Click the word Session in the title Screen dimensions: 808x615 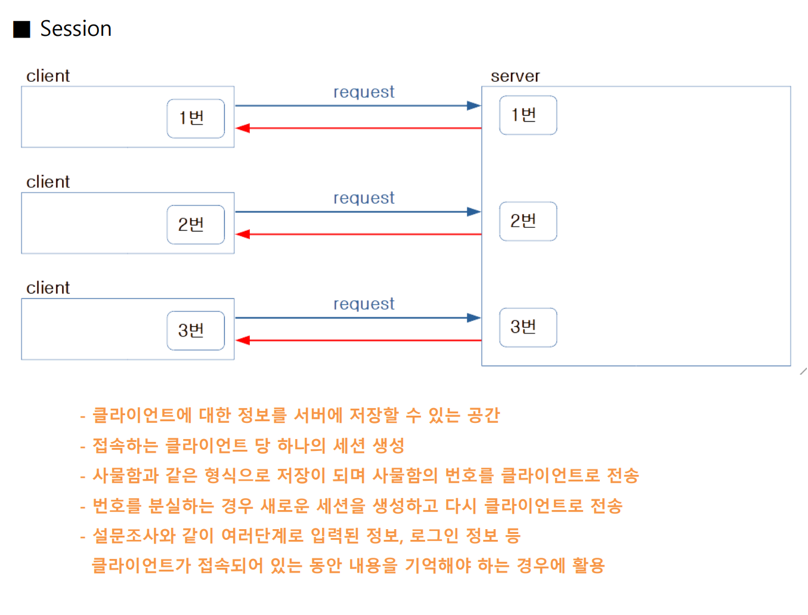point(76,29)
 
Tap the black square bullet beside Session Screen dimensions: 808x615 point(22,29)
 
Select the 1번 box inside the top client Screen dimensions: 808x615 point(196,118)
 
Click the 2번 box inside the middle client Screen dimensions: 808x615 point(196,224)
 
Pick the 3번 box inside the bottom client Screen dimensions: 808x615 point(196,330)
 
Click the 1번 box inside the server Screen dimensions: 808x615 point(528,115)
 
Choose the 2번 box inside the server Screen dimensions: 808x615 point(528,221)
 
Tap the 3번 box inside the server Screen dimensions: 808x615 point(528,327)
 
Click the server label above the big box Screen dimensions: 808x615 point(515,76)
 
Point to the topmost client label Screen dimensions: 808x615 point(48,76)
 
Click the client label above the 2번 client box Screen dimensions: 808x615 point(48,182)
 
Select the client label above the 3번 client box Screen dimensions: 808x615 point(48,288)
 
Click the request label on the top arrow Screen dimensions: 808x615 point(364,92)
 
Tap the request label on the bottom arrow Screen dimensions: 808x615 point(364,304)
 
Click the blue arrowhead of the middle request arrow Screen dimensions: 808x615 point(474,212)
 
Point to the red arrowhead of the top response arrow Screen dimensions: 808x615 point(243,128)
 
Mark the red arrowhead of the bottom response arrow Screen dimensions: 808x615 point(243,341)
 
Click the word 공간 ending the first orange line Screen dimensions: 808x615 point(484,415)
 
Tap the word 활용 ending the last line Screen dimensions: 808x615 point(589,565)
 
